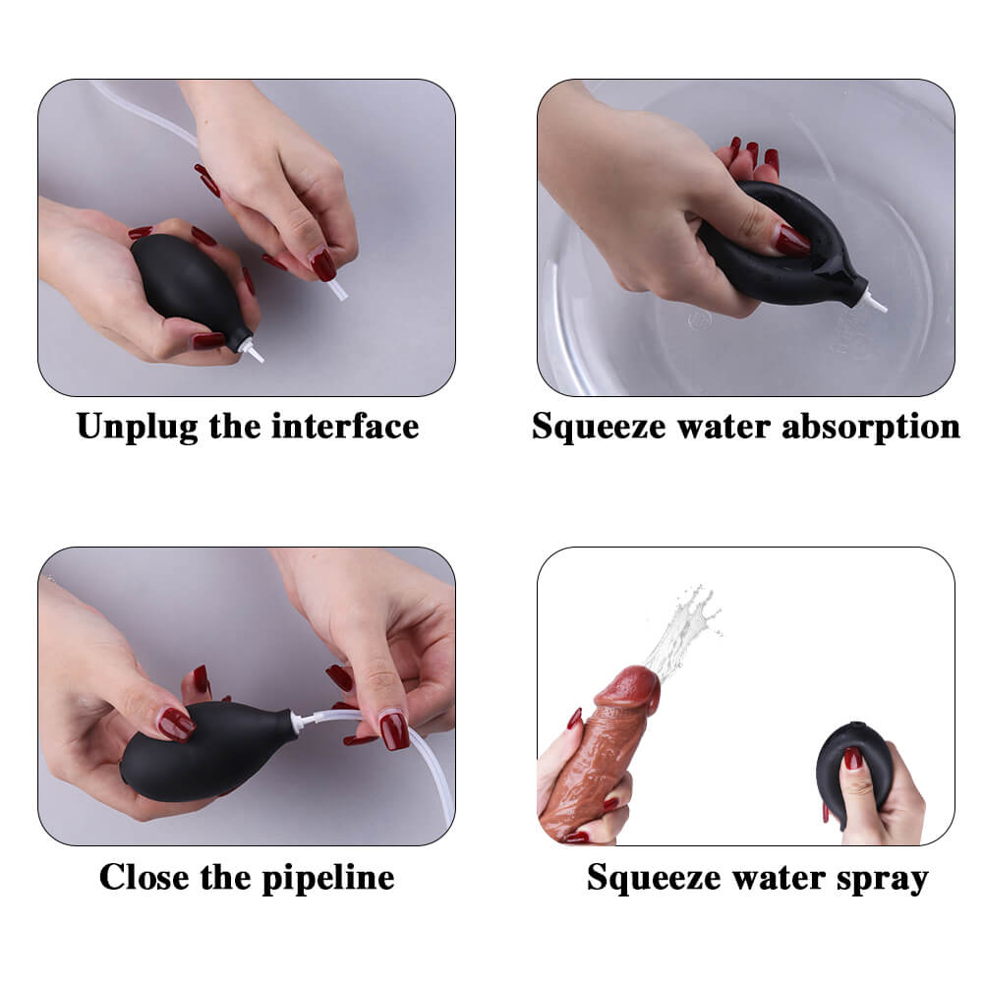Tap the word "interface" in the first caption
tap(345, 427)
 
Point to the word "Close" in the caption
tap(145, 877)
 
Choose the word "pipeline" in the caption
tap(328, 878)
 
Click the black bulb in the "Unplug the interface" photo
tap(188, 288)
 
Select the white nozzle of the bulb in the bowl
tap(877, 303)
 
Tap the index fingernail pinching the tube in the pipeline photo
tap(394, 729)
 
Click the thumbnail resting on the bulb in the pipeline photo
tap(175, 724)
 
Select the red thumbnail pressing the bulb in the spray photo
tap(852, 759)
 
